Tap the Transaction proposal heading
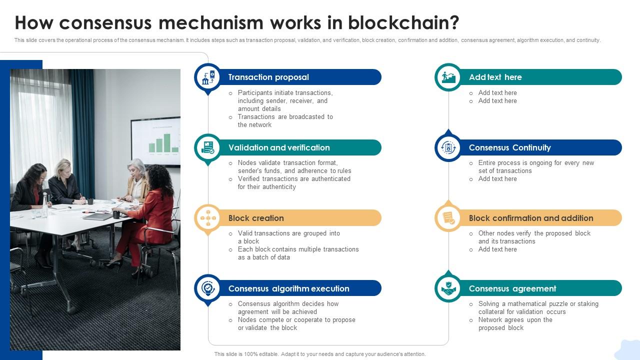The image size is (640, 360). tap(268, 77)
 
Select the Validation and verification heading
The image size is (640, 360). tap(279, 147)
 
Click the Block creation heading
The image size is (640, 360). tap(256, 218)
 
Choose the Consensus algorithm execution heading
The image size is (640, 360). tap(288, 288)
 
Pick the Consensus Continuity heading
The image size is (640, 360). tap(509, 147)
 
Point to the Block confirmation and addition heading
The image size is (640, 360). tap(531, 218)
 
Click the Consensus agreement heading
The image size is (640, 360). tap(512, 288)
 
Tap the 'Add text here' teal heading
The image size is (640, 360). tap(495, 77)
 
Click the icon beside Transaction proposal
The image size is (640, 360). tap(207, 77)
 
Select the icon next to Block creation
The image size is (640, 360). tap(207, 218)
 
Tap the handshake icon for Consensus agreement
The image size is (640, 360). tap(448, 288)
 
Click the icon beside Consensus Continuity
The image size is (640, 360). tap(448, 147)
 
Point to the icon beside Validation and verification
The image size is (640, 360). tap(207, 147)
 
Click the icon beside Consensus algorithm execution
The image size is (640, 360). tap(207, 288)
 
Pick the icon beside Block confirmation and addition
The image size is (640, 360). tap(448, 218)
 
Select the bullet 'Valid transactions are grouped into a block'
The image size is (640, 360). tap(288, 237)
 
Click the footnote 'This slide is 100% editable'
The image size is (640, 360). tap(320, 354)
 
